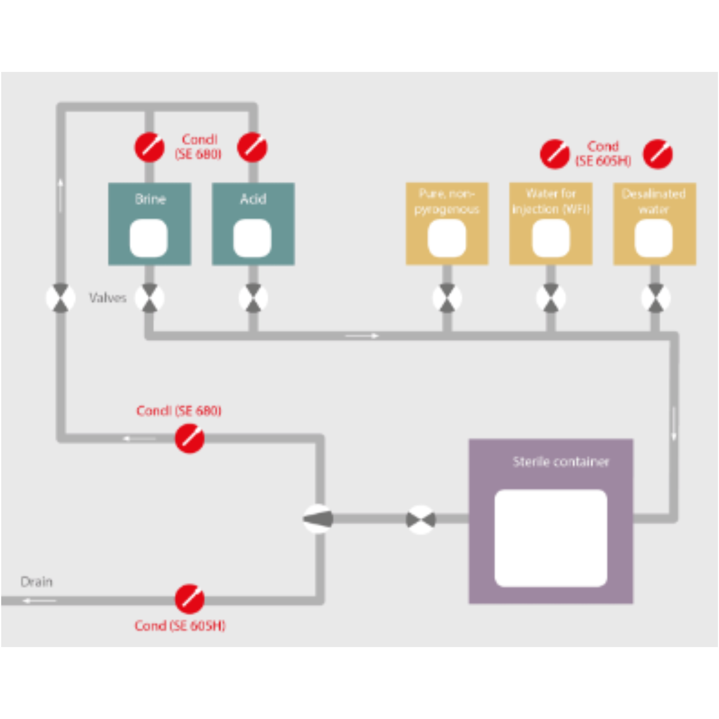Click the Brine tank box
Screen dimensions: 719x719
pos(150,224)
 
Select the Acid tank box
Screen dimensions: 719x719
pos(253,224)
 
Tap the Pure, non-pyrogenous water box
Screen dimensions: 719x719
pos(447,224)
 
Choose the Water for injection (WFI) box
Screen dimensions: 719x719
pos(551,224)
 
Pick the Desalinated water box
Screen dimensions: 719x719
pos(655,224)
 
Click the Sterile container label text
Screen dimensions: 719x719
pos(561,462)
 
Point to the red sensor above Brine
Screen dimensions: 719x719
pos(149,147)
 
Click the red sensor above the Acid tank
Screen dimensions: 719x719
pos(252,147)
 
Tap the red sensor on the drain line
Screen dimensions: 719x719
pos(189,599)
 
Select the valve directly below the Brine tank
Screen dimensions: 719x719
pos(149,298)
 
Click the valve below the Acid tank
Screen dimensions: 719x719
pos(253,298)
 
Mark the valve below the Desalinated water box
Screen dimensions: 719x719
pos(656,298)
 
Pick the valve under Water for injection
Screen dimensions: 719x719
pos(551,298)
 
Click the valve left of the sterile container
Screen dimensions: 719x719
pos(421,520)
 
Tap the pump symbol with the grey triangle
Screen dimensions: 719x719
pos(318,519)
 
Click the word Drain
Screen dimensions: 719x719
pos(36,582)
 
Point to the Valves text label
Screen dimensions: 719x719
pos(107,298)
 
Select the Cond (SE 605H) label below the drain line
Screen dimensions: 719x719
pos(180,626)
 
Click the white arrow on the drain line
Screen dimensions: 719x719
pos(39,601)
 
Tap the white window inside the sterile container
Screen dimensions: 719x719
pos(551,538)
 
